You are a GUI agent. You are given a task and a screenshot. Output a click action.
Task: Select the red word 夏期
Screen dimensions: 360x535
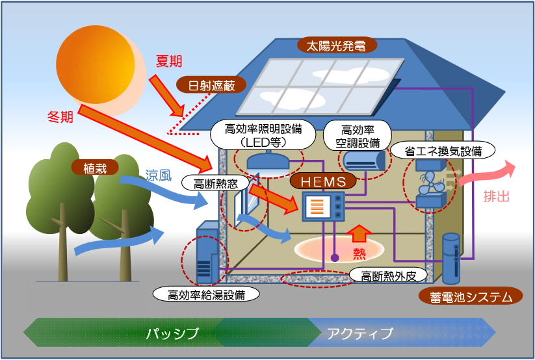(169, 62)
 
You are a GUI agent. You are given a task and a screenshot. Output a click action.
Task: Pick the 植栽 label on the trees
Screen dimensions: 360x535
(95, 168)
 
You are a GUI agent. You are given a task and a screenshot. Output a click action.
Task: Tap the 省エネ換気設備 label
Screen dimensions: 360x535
(443, 149)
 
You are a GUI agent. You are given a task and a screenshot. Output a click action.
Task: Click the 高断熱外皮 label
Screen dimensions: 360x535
(389, 275)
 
